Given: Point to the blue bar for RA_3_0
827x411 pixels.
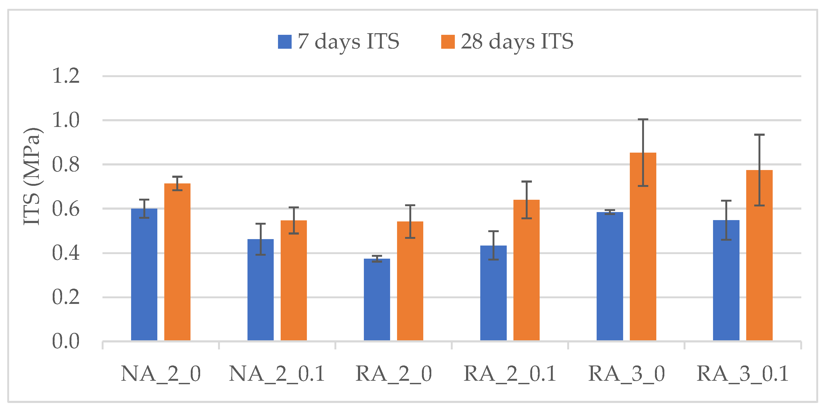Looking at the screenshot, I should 610,276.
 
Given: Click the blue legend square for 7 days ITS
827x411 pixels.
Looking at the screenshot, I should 284,42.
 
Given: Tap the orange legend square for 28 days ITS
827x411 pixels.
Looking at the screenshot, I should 448,42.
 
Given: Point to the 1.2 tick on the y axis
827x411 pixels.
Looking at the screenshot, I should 66,76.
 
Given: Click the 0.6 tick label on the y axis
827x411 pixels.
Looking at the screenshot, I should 66,209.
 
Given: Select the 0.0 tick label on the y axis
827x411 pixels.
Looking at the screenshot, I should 66,341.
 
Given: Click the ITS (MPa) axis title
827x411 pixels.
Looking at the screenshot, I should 32,177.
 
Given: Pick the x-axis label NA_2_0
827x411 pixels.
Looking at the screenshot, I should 161,374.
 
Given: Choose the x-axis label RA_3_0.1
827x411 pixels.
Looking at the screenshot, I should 742,374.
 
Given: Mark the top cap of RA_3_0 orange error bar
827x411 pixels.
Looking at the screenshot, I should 643,119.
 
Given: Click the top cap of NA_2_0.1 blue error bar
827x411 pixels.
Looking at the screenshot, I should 261,224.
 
